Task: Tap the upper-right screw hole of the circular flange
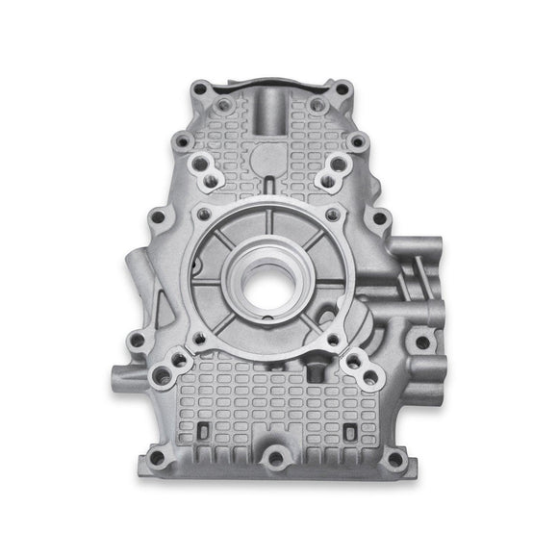pos(331,213)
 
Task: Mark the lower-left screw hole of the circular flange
pos(199,338)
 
